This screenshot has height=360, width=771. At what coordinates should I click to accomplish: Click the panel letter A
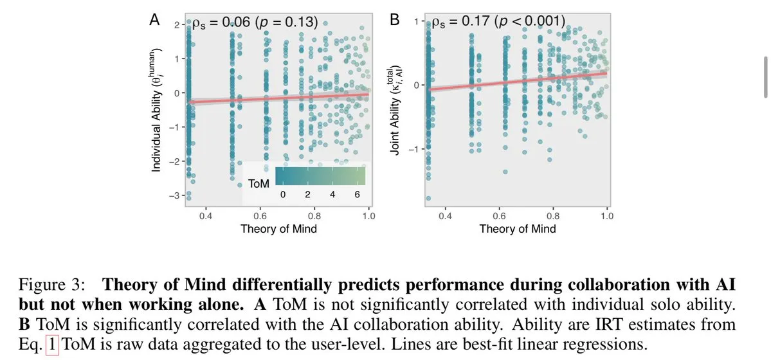pyautogui.click(x=154, y=20)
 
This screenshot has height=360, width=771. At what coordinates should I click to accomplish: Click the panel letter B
pyautogui.click(x=395, y=20)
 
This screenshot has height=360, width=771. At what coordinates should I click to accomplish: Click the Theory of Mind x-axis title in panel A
pyautogui.click(x=278, y=228)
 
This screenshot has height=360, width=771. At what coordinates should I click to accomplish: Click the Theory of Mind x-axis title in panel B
pyautogui.click(x=518, y=228)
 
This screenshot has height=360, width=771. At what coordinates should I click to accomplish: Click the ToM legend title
pyautogui.click(x=259, y=184)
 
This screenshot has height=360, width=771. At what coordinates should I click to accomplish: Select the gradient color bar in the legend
pyautogui.click(x=320, y=175)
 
